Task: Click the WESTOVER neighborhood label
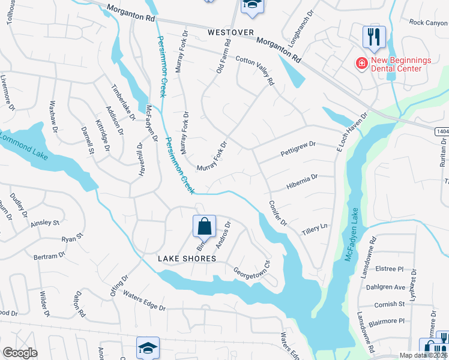tap(231, 32)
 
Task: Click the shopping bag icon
tap(204, 227)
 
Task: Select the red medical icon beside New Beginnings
tap(361, 63)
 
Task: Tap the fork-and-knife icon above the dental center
tap(373, 37)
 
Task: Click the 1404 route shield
tap(441, 130)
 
